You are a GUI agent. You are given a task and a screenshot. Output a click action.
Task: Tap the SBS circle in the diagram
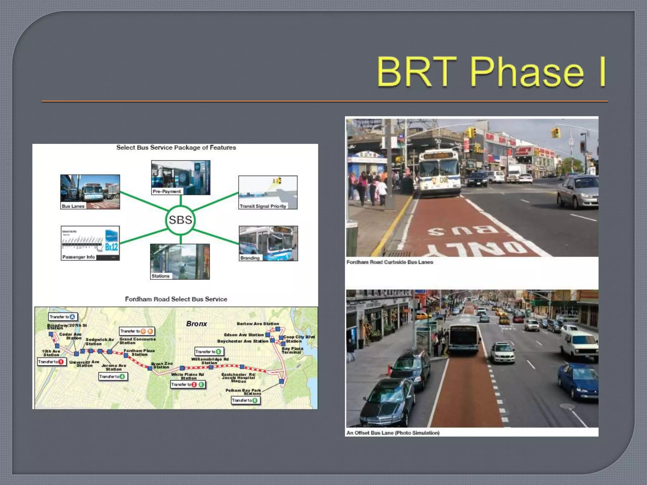click(180, 220)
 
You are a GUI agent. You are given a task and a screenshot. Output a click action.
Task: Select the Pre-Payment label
click(166, 191)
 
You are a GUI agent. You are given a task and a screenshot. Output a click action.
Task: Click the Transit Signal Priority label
click(263, 206)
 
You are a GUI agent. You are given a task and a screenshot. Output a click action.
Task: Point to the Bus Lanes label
click(73, 206)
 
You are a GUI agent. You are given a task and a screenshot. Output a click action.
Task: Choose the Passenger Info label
click(78, 257)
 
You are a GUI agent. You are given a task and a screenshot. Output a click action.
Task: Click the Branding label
click(250, 258)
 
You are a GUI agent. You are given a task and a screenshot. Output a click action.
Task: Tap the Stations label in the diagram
click(160, 276)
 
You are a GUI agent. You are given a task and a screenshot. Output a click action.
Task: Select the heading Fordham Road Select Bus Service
click(176, 299)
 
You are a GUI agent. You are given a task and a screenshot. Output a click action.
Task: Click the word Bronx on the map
click(197, 324)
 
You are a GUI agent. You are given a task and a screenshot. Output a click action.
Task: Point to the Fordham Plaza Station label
click(139, 352)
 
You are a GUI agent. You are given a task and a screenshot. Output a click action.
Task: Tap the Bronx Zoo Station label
click(162, 365)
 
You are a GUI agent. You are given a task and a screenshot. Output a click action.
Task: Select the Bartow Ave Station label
click(258, 324)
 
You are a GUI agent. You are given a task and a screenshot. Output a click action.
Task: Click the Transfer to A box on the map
click(63, 317)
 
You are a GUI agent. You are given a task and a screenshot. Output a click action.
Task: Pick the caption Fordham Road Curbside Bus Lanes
click(390, 262)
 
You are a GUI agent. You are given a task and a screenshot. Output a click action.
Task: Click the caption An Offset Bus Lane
click(393, 433)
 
